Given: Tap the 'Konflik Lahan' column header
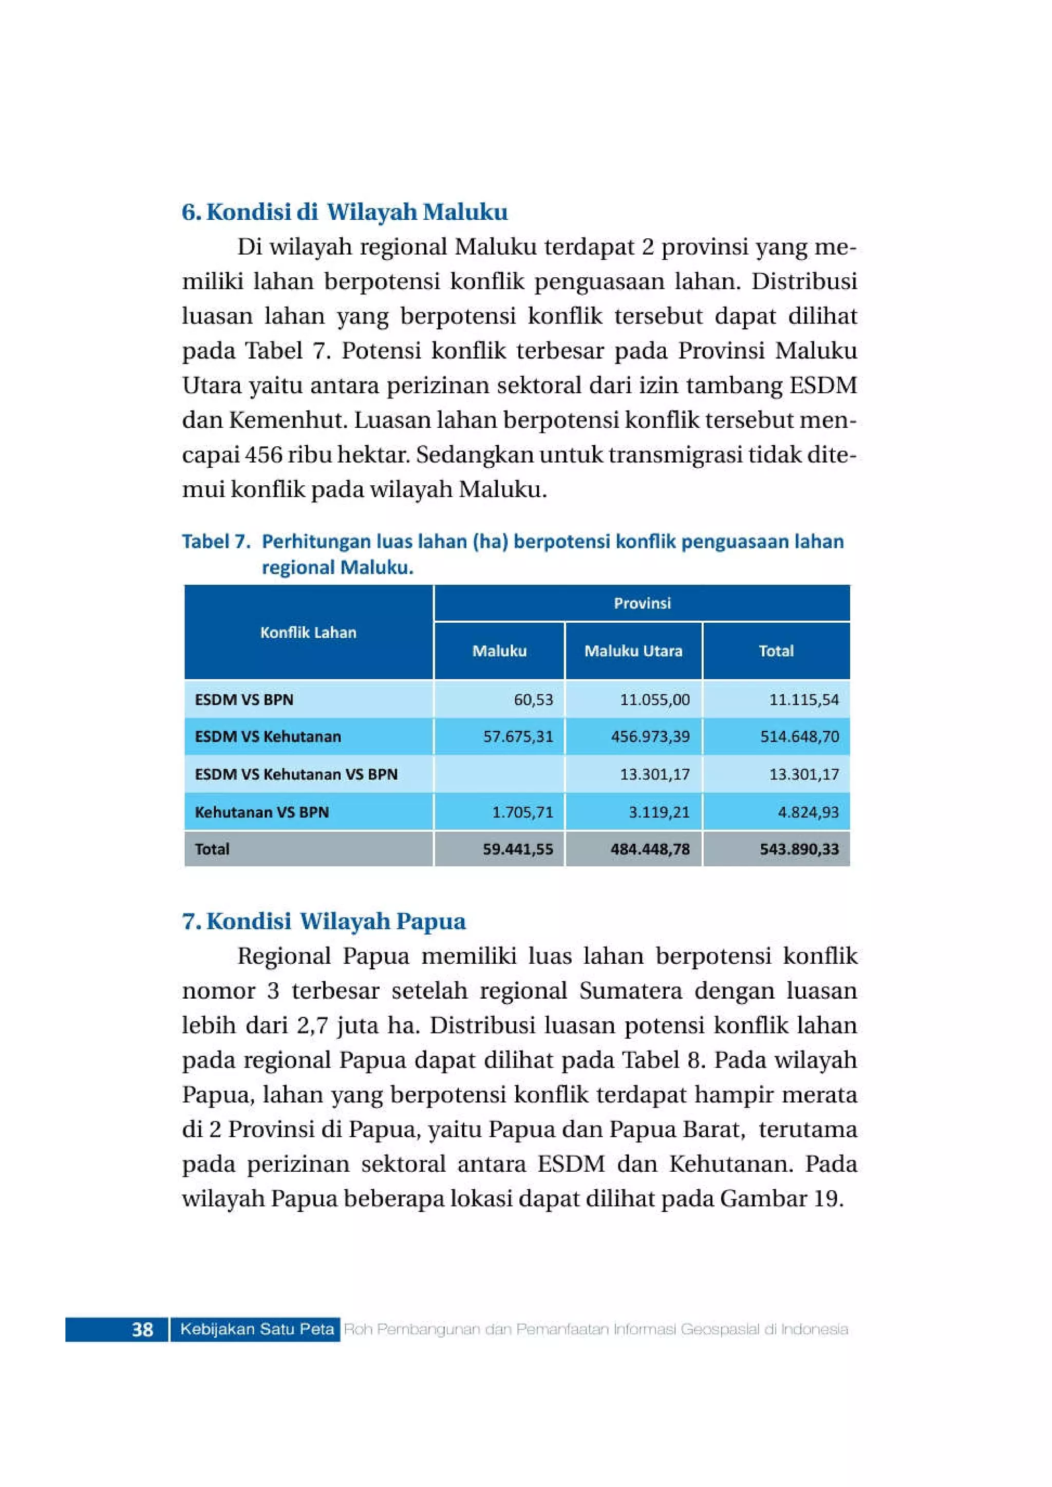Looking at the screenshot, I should [308, 632].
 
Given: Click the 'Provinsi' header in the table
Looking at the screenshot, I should [642, 603].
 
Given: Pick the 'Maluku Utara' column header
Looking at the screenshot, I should [633, 651].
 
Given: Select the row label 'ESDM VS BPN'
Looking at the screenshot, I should [244, 699].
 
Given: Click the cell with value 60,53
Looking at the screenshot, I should [533, 699].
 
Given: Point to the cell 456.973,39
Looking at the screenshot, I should [650, 736].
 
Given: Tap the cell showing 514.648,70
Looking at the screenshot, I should [799, 736].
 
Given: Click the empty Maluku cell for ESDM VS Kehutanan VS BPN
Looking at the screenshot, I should [499, 774].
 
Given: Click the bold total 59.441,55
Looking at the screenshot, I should [518, 849].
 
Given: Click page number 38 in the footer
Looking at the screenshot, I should [142, 1329].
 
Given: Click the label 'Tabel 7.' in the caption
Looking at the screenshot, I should [216, 541].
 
